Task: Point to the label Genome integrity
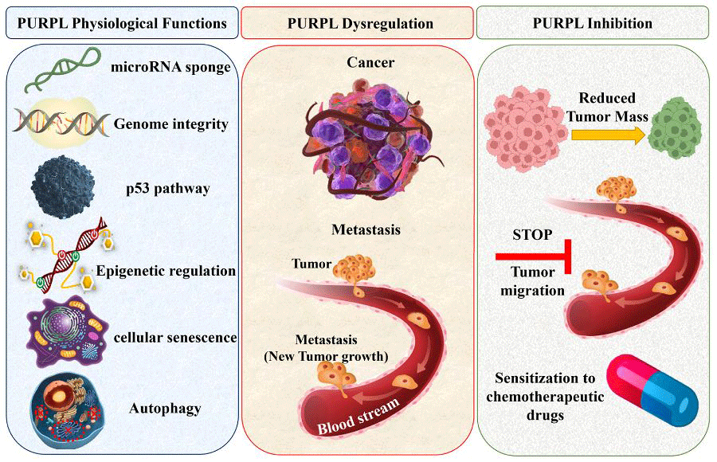pyautogui.click(x=171, y=123)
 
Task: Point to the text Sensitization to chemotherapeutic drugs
pyautogui.click(x=549, y=396)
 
